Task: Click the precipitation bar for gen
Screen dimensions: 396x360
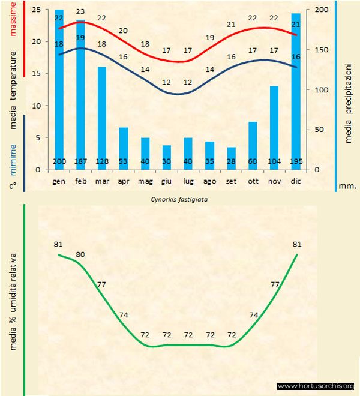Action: tap(59, 90)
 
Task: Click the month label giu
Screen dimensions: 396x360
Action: tap(166, 181)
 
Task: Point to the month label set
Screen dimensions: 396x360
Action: tap(231, 181)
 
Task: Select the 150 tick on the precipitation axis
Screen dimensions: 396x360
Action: tap(322, 50)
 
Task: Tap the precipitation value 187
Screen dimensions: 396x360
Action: tap(80, 162)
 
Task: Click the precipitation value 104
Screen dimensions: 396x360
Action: tap(274, 162)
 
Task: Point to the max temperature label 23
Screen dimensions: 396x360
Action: tap(80, 11)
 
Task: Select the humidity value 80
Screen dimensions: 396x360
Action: tap(80, 254)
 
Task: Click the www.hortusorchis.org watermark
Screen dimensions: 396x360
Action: tap(316, 386)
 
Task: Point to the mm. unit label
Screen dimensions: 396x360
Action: tap(349, 186)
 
